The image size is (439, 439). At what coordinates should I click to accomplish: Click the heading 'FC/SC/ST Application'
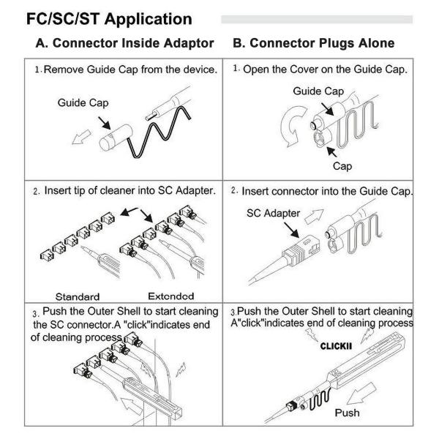point(108,18)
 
